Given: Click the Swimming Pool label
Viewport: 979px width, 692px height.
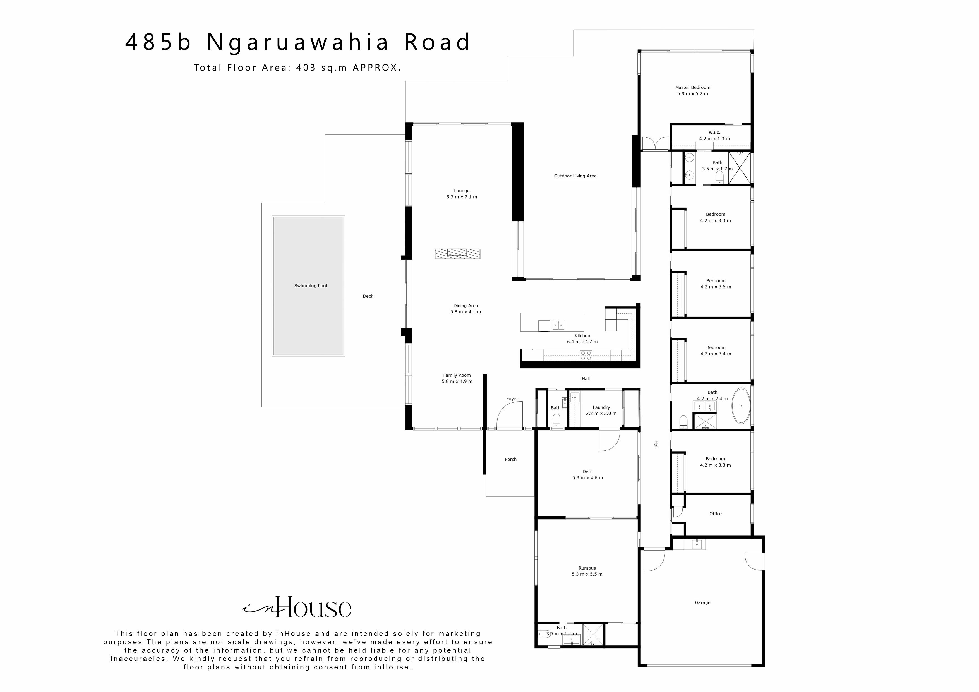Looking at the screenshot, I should (310, 286).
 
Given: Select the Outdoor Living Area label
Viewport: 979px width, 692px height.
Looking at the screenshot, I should (575, 176).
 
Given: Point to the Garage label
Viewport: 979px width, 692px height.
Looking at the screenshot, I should (702, 602).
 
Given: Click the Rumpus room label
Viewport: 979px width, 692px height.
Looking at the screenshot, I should (587, 568).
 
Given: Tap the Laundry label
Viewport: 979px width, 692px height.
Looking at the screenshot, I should (601, 407).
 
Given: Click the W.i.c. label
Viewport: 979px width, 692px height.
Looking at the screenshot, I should (714, 132).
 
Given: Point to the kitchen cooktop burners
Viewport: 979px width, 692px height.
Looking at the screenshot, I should (586, 355).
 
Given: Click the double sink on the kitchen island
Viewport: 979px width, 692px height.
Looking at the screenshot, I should (559, 325).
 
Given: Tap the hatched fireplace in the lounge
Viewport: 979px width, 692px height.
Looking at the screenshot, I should (457, 254).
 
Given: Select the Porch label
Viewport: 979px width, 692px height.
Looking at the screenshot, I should (510, 459).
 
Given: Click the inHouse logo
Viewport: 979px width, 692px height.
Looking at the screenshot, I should (297, 607).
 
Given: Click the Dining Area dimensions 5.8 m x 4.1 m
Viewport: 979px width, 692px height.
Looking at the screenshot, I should (465, 312).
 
